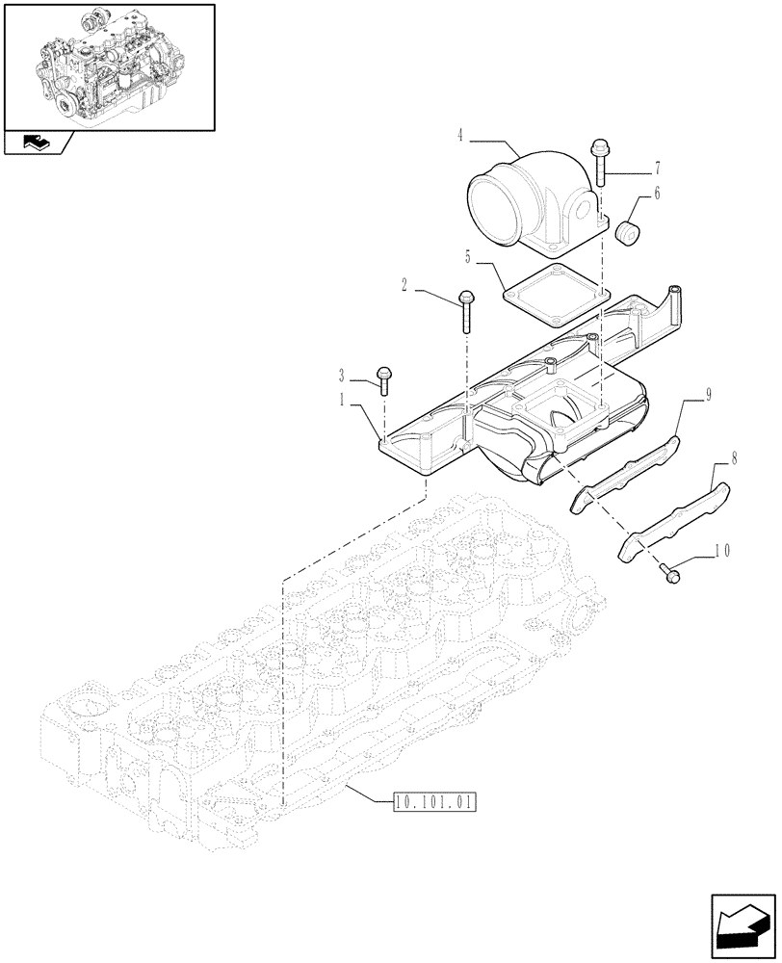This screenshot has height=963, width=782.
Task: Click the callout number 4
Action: point(462,137)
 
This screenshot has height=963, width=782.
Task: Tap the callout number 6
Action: point(657,193)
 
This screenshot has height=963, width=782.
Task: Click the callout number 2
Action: point(404,286)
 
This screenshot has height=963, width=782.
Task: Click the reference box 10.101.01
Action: point(435,800)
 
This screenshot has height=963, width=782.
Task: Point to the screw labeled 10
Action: point(667,570)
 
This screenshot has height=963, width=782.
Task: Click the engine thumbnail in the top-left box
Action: point(108,65)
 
